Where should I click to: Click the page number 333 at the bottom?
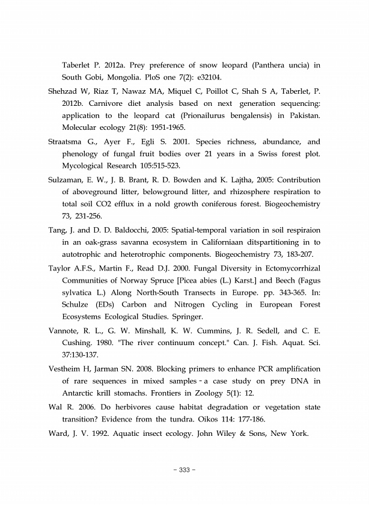coord(184,470)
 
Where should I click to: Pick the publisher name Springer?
coord(186,316)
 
